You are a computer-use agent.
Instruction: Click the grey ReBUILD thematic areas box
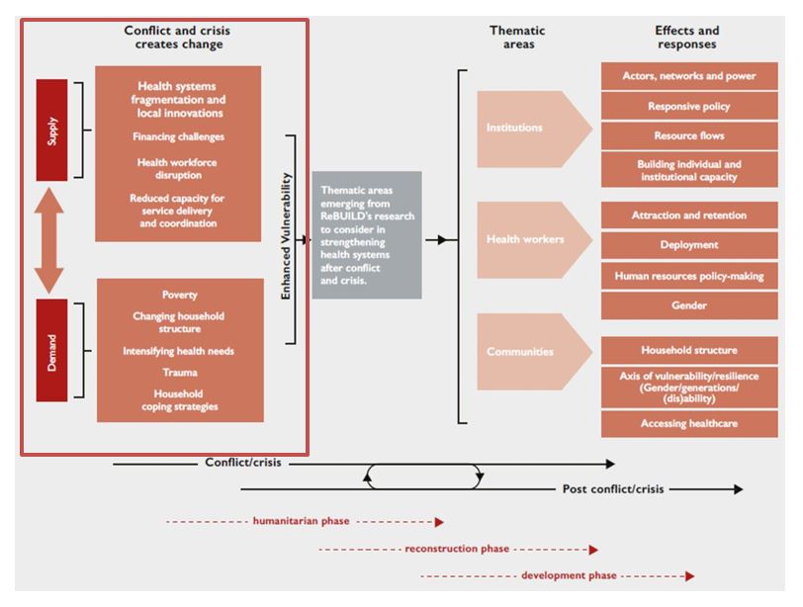coord(366,234)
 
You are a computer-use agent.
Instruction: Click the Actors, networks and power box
coord(688,76)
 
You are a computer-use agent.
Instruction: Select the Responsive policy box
coord(688,106)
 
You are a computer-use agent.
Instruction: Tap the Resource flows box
coord(688,135)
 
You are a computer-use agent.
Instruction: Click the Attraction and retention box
coord(688,216)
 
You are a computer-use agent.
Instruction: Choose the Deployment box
coord(688,245)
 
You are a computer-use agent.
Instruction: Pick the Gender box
coord(688,305)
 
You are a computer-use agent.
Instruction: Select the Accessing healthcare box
coord(688,424)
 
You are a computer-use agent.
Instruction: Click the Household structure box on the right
coord(688,350)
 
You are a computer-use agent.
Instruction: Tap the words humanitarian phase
coord(301,521)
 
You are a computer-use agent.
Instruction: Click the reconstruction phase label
coord(457,549)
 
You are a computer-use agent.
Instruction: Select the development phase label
coord(569,575)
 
